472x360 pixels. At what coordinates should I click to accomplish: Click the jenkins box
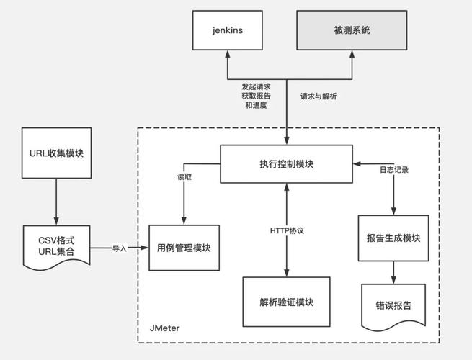227,30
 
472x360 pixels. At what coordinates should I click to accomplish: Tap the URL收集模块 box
57,153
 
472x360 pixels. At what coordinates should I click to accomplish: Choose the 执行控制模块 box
287,163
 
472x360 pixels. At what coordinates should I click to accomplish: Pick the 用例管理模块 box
184,248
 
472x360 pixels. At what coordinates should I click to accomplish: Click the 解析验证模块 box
287,301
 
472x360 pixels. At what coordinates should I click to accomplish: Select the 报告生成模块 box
393,238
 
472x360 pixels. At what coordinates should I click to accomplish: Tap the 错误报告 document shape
393,305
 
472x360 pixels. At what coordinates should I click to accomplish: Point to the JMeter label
165,328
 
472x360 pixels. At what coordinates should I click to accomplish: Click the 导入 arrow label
120,248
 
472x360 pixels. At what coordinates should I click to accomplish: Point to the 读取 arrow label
185,176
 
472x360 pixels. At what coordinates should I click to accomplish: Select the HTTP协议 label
288,230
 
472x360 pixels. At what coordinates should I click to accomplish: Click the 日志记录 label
393,171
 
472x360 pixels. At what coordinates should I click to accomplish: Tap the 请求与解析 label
319,95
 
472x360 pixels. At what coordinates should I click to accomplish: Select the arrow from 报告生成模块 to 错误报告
393,272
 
